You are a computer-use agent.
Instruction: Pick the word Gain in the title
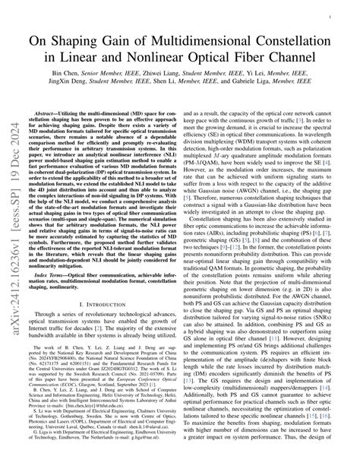(x=140, y=34)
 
